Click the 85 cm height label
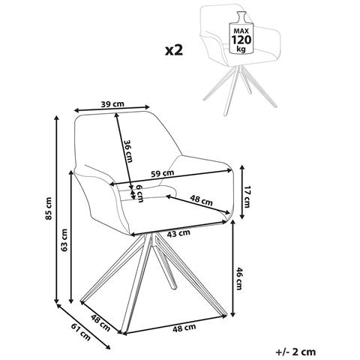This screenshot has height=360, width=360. tap(49, 208)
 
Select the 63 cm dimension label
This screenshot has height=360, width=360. tap(64, 240)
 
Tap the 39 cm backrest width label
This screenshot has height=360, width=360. tap(112, 104)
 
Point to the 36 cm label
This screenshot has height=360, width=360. tap(128, 151)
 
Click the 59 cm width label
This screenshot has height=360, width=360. tap(163, 173)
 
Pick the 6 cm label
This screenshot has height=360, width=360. tap(139, 193)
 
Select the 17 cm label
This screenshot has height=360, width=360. tap(247, 196)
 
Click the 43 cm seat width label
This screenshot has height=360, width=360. tap(178, 233)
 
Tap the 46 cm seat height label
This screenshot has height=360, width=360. tap(239, 278)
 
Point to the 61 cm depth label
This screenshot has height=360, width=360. tap(81, 331)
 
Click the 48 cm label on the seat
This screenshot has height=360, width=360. tap(201, 200)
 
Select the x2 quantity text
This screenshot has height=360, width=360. tap(174, 50)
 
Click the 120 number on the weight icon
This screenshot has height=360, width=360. tap(241, 40)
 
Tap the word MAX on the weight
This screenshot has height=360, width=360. tap(241, 31)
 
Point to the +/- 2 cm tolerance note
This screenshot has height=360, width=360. tap(295, 352)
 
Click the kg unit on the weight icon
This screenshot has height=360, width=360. tap(241, 49)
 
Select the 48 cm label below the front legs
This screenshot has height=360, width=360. tap(184, 328)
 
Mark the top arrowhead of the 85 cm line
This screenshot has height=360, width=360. tap(57, 118)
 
